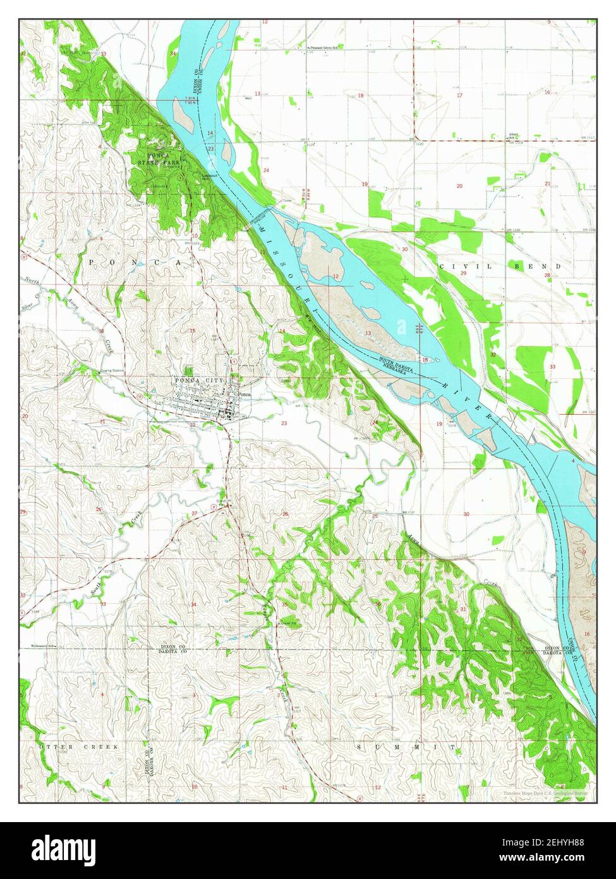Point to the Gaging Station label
pyautogui.click(x=111, y=371)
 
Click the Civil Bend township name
pyautogui.click(x=499, y=266)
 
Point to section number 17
pyautogui.click(x=459, y=95)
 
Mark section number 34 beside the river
pyautogui.click(x=173, y=54)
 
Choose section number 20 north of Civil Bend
pyautogui.click(x=459, y=186)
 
